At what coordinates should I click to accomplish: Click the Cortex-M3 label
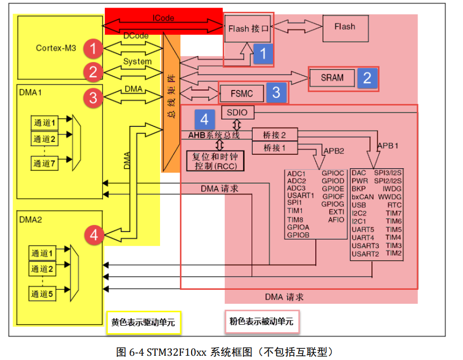point(56,48)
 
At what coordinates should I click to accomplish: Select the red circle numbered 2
point(94,72)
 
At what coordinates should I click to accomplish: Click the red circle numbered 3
point(94,97)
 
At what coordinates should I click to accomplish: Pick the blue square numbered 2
point(367,78)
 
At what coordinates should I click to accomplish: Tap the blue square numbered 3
point(276,92)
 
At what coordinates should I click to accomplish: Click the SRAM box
point(332,78)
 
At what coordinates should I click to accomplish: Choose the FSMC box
point(243,93)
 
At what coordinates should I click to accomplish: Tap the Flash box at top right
point(344,27)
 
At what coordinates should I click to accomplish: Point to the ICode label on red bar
point(163,18)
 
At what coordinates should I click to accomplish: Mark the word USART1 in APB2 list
point(300,196)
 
